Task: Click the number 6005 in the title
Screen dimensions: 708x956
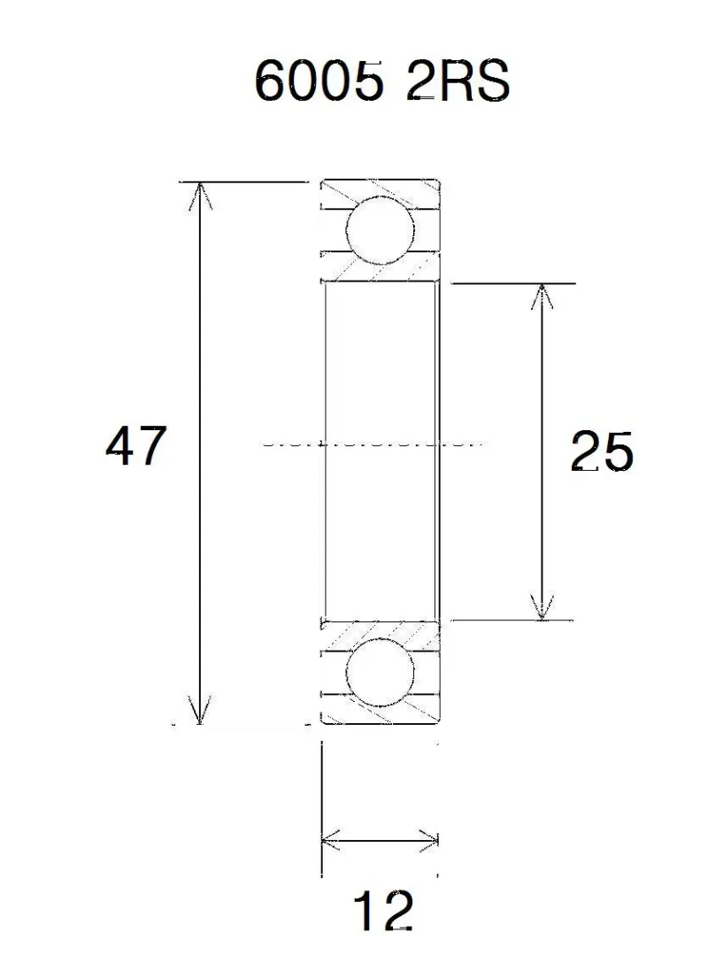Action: pos(319,81)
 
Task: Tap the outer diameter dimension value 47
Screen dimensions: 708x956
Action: pos(136,445)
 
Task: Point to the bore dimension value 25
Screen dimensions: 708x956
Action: pos(602,451)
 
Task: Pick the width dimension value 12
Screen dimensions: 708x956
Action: pos(383,911)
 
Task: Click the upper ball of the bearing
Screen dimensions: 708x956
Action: pos(380,230)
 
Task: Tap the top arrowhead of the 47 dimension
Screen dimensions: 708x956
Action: pos(200,196)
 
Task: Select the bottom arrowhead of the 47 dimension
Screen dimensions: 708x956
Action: pos(200,710)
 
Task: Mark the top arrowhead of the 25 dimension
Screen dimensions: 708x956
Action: pos(541,297)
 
